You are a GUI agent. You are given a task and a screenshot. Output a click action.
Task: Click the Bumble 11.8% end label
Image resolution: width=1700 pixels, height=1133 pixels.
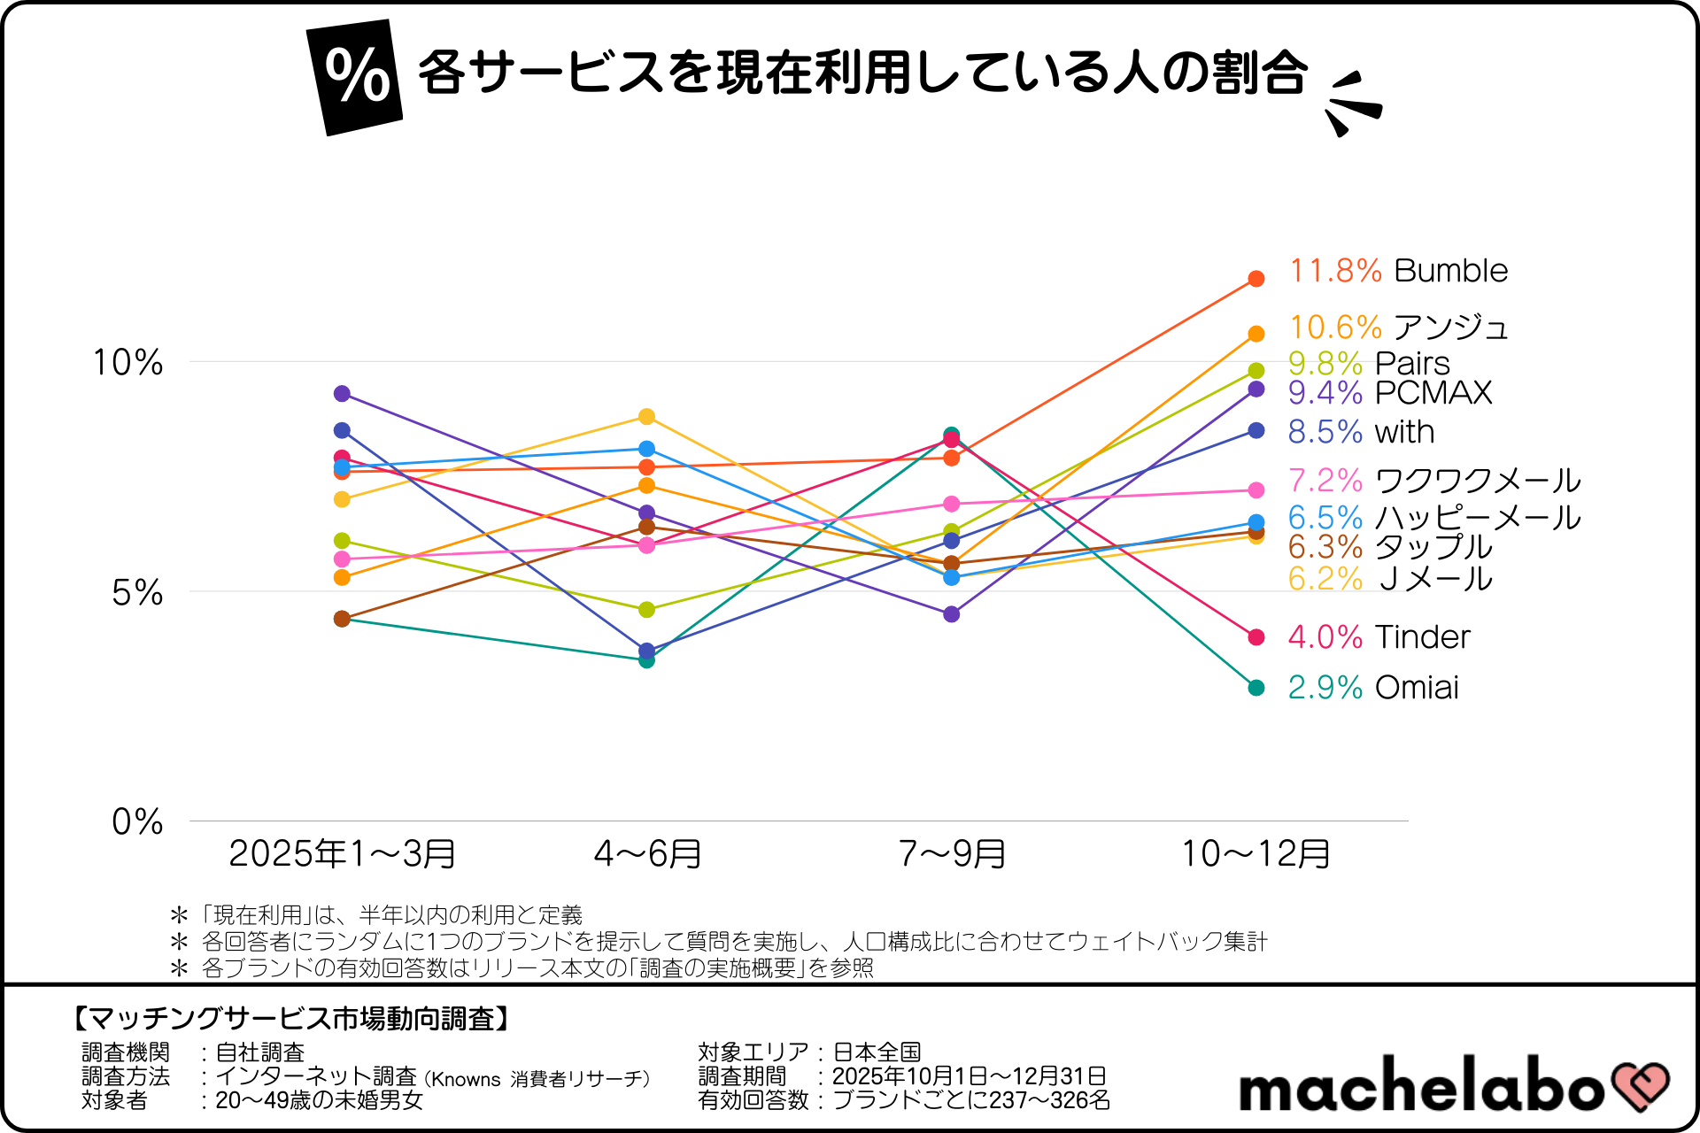point(1397,271)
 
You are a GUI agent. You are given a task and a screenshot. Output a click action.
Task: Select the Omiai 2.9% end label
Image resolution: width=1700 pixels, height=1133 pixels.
point(1372,688)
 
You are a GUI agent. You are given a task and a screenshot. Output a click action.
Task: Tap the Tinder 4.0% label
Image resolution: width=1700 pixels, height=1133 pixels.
point(1378,637)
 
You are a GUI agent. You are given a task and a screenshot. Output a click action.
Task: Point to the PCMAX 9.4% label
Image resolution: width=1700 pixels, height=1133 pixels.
point(1389,392)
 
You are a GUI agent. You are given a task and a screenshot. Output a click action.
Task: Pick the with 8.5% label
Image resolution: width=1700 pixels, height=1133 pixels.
point(1360,432)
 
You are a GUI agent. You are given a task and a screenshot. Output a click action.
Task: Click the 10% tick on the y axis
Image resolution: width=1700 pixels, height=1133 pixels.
point(128,362)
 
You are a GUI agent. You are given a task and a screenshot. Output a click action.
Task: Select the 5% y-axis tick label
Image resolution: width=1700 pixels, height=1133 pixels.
point(137,592)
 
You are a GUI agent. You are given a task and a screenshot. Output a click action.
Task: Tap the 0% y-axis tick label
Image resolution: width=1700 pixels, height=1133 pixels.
point(137,821)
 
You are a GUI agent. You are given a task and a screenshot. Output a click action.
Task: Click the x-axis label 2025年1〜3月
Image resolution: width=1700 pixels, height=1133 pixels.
point(342,854)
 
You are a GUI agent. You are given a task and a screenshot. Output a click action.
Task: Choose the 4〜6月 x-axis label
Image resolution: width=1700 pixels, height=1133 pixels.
point(647,854)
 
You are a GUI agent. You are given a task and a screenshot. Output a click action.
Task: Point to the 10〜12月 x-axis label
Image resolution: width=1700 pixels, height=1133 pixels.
point(1256,854)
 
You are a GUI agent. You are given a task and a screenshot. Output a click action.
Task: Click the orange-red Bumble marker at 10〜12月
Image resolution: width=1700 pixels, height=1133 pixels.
point(1256,279)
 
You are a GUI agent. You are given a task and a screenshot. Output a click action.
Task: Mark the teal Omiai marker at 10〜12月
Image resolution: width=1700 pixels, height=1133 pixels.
point(1256,688)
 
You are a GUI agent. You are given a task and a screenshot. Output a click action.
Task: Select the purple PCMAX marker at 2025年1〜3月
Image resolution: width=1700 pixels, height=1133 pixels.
point(342,394)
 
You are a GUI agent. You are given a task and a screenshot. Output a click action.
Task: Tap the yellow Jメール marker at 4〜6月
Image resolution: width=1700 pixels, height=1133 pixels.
point(646,417)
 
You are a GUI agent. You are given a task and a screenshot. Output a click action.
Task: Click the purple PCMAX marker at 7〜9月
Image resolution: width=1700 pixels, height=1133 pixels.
point(951,614)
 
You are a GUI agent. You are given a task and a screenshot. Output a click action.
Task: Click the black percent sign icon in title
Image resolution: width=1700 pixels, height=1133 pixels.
point(356,77)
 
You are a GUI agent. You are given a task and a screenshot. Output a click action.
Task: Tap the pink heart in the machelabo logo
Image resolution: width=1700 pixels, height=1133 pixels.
point(1640,1085)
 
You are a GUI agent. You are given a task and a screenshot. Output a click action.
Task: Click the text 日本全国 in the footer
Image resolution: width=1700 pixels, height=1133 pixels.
point(877,1052)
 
